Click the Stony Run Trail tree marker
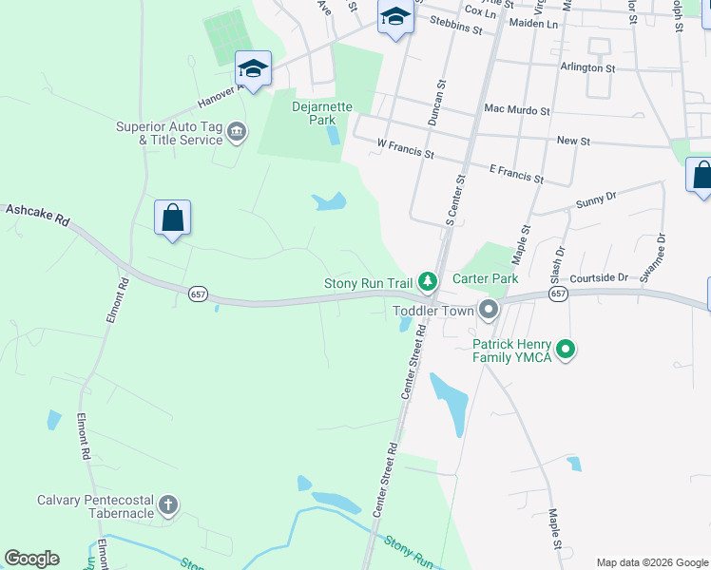click(429, 282)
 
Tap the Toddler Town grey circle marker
click(489, 310)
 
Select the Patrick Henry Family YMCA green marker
click(566, 351)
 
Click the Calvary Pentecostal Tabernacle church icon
click(168, 504)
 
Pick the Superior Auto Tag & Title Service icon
click(237, 132)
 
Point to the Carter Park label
click(486, 278)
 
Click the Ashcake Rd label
click(38, 213)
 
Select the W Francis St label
click(405, 147)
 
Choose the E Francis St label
click(515, 173)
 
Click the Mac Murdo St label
click(517, 111)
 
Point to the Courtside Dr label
click(600, 278)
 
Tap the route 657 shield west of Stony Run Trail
click(198, 294)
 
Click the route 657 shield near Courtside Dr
click(558, 294)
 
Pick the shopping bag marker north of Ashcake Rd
click(172, 218)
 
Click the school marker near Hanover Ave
click(253, 68)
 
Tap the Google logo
click(31, 559)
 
